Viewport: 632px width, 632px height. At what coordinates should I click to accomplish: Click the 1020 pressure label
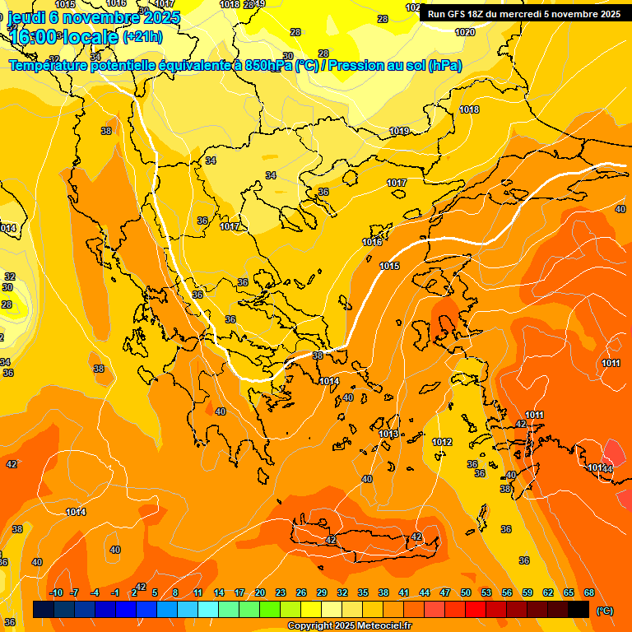(465, 32)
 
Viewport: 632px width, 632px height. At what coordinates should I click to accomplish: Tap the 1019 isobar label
(399, 131)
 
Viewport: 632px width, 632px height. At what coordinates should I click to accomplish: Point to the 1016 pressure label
(372, 242)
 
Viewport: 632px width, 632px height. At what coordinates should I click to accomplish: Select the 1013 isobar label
(388, 434)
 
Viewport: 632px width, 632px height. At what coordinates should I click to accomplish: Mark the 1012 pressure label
(442, 442)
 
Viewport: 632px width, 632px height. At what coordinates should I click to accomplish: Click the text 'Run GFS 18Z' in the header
(458, 14)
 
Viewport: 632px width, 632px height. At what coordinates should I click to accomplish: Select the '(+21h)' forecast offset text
(142, 37)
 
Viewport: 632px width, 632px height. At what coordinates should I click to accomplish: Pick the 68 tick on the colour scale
(589, 592)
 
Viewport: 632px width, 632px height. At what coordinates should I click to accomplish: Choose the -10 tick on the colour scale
(56, 592)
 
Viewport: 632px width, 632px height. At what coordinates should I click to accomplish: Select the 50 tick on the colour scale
(466, 592)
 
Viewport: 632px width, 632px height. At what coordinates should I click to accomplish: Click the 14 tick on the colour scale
(219, 592)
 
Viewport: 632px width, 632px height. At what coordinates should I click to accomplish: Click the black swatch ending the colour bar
(579, 609)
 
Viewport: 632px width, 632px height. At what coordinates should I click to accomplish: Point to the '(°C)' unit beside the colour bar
(605, 610)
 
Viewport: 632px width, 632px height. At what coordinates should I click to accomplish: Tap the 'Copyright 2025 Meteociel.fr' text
(349, 625)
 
